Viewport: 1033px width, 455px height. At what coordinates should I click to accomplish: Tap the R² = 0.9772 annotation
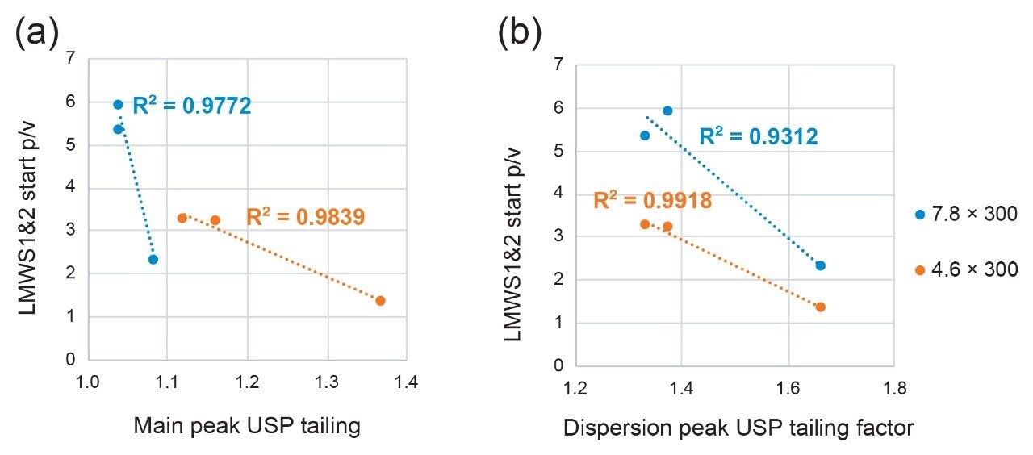coord(192,105)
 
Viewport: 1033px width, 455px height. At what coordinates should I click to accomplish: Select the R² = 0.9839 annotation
coord(306,216)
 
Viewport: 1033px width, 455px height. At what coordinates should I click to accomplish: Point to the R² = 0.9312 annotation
coord(759,137)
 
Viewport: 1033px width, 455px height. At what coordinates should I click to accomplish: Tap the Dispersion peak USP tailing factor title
coord(738,428)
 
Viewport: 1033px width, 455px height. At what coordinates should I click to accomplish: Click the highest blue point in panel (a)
coord(118,104)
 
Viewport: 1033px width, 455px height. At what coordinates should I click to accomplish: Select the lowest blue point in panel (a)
coord(153,259)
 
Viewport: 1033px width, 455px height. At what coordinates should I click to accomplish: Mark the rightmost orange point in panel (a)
coord(380,300)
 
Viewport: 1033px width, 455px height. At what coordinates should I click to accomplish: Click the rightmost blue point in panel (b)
coord(820,265)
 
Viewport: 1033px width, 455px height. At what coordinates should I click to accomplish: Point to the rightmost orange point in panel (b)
coord(820,307)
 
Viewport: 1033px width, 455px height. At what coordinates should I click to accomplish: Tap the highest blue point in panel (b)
coord(667,111)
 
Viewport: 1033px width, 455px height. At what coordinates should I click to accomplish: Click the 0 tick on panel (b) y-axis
coord(558,365)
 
